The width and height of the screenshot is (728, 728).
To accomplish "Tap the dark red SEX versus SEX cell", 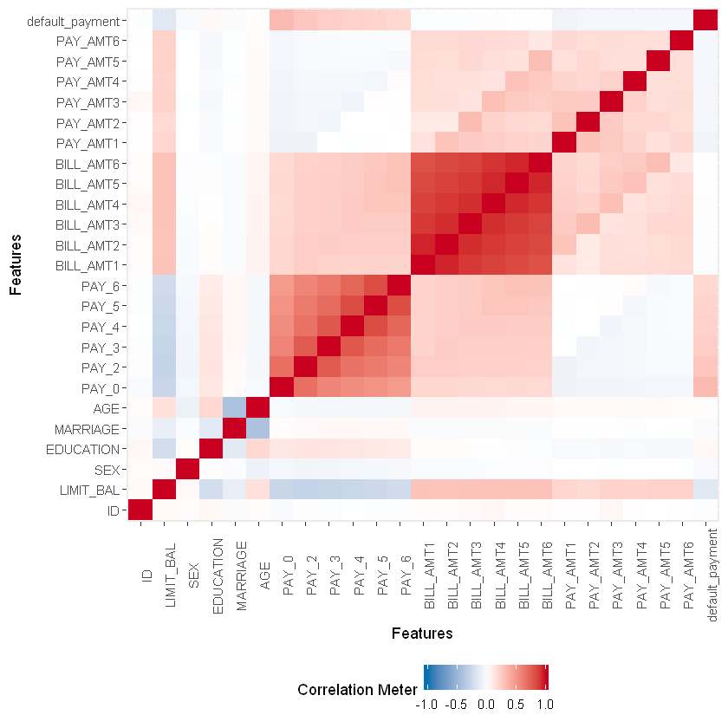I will tap(189, 470).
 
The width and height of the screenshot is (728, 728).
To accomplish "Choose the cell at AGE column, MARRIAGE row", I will tap(259, 429).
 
